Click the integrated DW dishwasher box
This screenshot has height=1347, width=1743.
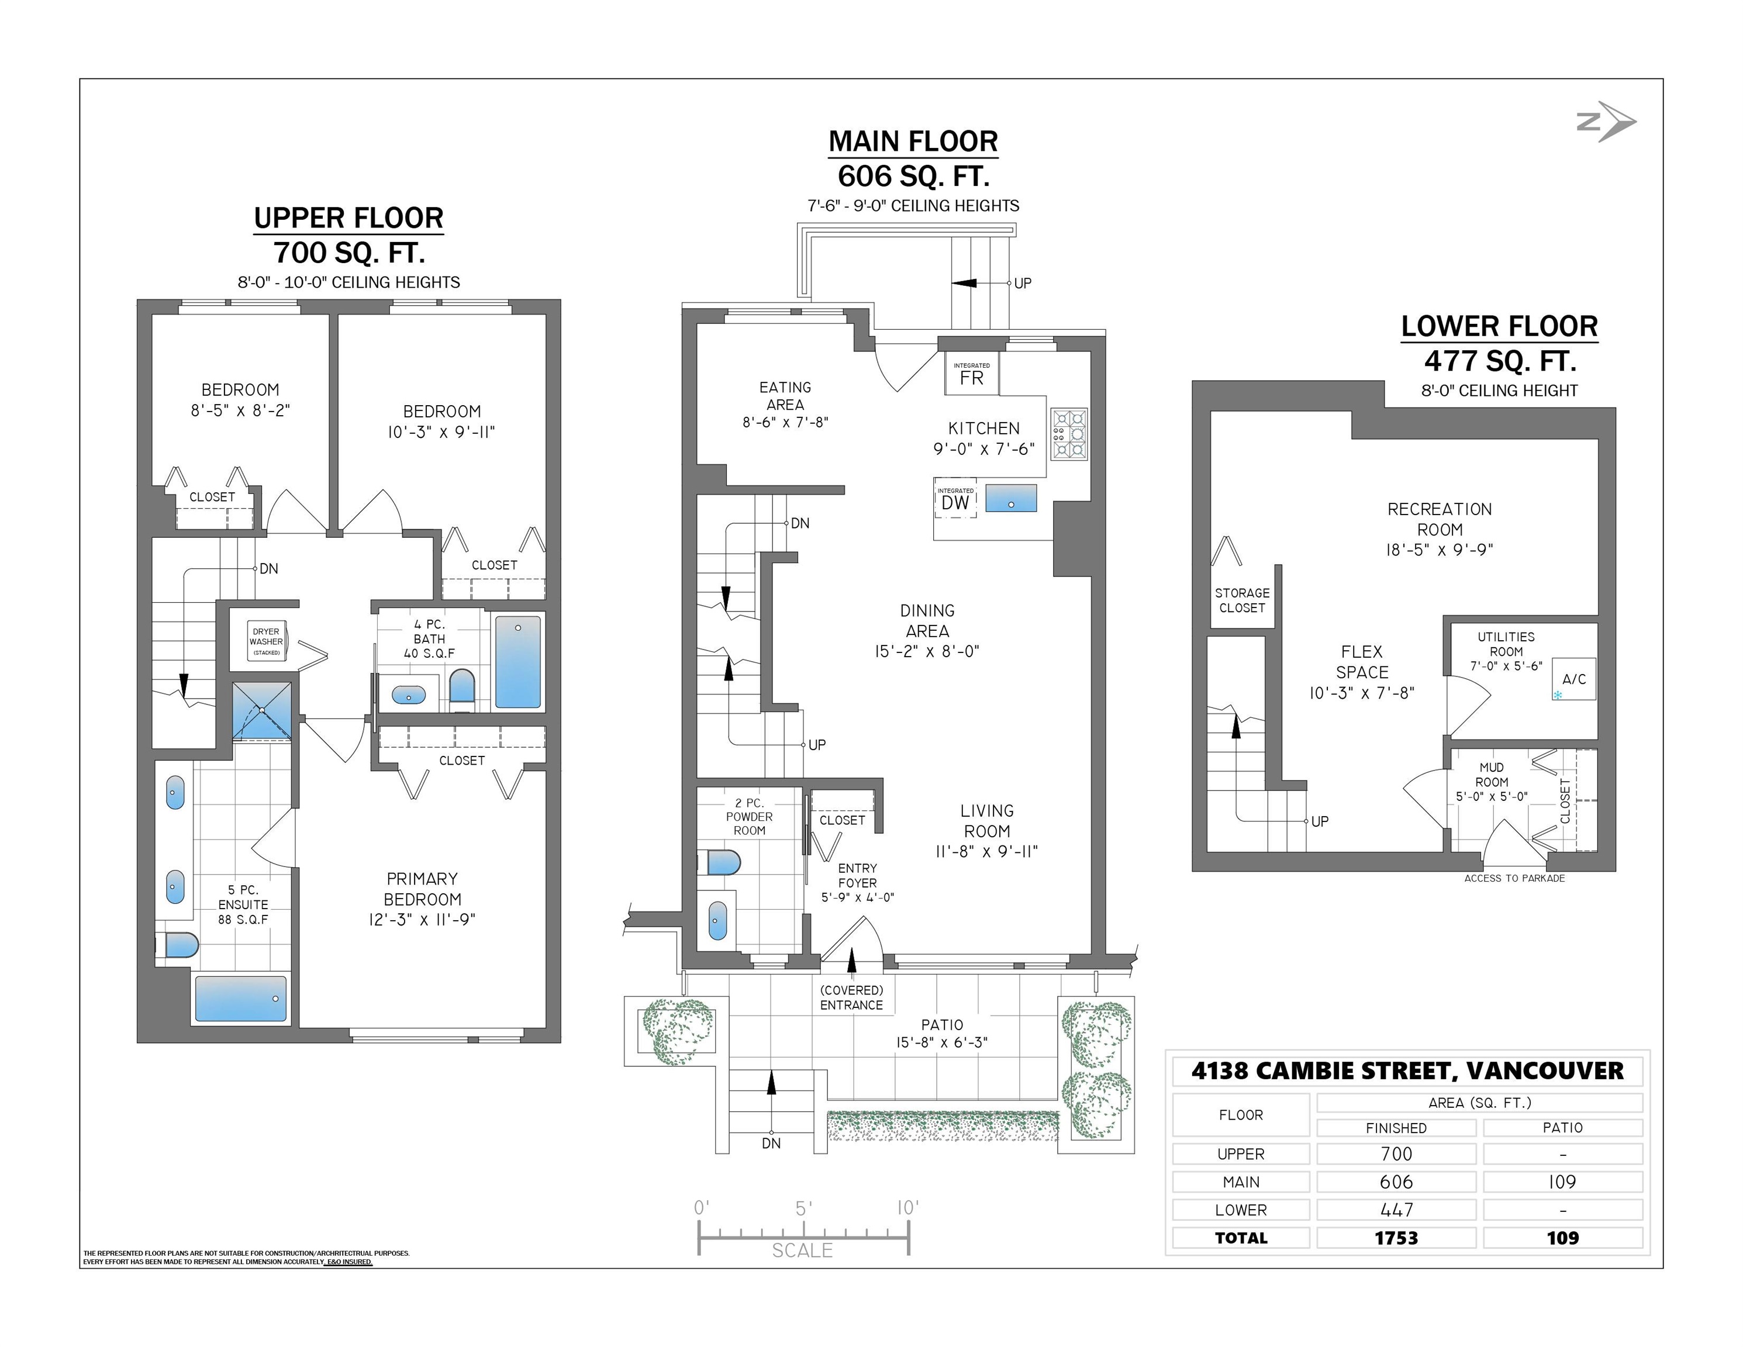point(955,498)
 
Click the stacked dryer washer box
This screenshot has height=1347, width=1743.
point(266,641)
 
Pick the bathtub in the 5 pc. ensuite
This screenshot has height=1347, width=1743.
point(240,999)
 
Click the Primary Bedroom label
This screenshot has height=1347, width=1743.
point(422,889)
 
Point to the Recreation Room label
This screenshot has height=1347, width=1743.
point(1440,520)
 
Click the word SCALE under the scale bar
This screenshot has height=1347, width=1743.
point(802,1251)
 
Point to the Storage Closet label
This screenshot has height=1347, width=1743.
point(1242,600)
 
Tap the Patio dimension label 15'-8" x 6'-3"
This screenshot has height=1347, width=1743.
point(942,1042)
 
